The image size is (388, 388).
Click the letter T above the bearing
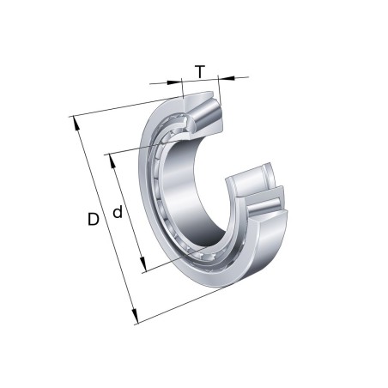[x=200, y=71]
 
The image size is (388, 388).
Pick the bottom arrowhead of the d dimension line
[x=142, y=267]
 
